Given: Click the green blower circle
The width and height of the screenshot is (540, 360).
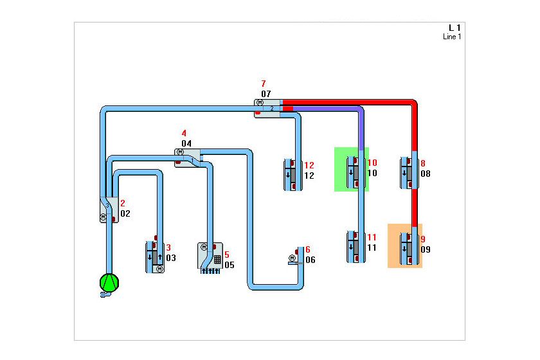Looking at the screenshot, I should [109, 283].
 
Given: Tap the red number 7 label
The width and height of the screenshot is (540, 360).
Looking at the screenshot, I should [263, 84].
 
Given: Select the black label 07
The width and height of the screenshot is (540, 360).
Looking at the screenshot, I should [266, 94].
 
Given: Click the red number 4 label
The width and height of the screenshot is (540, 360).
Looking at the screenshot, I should [184, 133].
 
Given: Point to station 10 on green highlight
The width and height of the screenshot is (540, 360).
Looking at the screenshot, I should [352, 170].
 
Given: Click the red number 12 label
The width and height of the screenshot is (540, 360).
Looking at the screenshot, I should [309, 165].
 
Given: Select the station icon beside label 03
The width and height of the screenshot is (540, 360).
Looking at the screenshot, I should [155, 256].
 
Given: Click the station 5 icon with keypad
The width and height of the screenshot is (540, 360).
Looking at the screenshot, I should [210, 258].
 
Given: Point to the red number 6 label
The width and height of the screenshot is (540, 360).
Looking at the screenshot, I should [308, 249].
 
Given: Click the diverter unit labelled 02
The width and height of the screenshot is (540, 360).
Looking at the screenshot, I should [108, 209].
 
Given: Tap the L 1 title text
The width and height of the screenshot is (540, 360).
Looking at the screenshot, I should [455, 28].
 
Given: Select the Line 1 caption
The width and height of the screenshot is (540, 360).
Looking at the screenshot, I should [452, 37].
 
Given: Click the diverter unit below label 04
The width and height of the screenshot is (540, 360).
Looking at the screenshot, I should [188, 157].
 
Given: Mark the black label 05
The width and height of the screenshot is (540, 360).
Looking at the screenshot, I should [230, 264].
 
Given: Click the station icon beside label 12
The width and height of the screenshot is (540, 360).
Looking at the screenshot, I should [292, 174].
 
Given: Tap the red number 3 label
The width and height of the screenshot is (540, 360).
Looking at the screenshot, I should [168, 248].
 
